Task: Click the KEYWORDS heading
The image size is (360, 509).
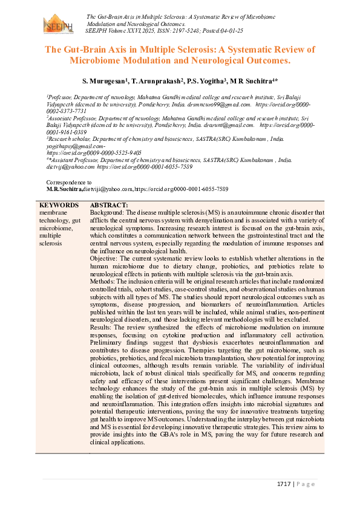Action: tap(58, 206)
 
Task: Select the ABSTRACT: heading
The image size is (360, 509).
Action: tap(109, 206)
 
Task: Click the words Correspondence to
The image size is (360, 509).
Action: tap(69, 182)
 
